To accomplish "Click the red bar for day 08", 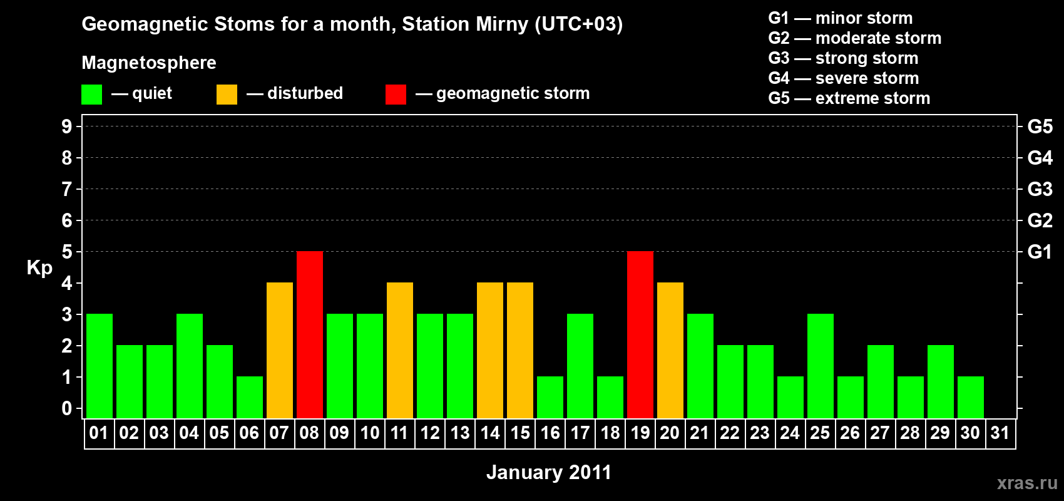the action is coord(310,334).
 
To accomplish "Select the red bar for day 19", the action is coord(640,334).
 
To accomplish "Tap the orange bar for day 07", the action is coord(280,350).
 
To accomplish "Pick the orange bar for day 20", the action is coord(670,350).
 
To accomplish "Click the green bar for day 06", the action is coord(250,398).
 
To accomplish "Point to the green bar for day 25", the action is coord(821,366).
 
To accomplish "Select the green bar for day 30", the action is coord(970,398).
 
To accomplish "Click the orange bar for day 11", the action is coord(400,350).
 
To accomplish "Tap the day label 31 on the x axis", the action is coord(1000,433).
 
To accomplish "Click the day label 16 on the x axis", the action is coord(550,433).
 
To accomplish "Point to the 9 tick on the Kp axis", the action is coord(66,127).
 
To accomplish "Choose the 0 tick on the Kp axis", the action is coord(66,408).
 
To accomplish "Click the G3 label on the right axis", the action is coord(1040,189).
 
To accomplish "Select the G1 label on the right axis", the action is coord(1040,252).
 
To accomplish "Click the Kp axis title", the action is coord(39,268).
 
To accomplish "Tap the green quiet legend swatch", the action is coord(91,94).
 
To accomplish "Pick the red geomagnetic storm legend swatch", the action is coord(396,94).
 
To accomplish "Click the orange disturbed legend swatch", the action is coord(227,94).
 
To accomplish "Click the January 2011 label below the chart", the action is coord(549,472).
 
